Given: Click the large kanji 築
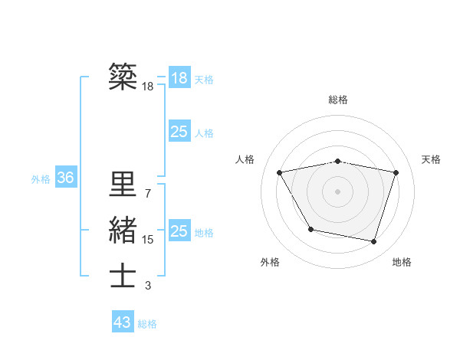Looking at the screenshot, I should coord(123,76).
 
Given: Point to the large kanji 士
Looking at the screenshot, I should coord(123,276).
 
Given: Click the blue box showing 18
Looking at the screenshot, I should coord(179,77).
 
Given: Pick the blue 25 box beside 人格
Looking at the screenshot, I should coord(179,132).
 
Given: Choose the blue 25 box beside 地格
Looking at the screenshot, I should coord(179,231).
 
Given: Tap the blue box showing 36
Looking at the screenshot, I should coord(65,178).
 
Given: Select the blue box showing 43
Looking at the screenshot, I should coord(123,322).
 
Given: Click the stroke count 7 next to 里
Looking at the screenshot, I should coord(147,194).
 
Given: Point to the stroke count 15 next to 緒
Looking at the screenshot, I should coord(147,240).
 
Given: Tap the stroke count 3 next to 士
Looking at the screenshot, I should coord(147,286).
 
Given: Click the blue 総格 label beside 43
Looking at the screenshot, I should coord(147,324).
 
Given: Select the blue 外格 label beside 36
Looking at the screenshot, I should coord(41,179).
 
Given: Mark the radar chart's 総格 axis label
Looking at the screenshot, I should coord(337,100).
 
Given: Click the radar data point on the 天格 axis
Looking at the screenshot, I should coord(396,172).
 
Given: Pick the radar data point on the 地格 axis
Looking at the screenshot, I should coord(373,241).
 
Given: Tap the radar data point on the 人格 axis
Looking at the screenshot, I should coord(280,172).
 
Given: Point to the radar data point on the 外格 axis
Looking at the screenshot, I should coord(310,229).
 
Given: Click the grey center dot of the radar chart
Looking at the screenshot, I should coord(337,191).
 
